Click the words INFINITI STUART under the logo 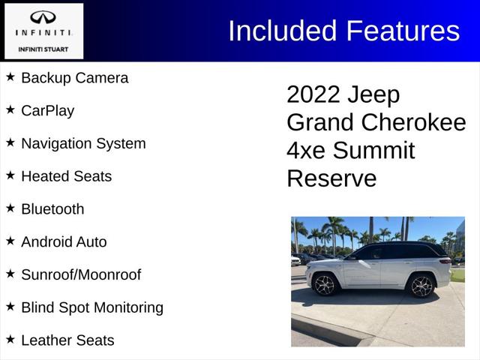coord(42,49)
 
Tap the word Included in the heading coord(282,31)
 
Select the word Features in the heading coord(403,31)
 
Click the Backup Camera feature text coord(74,78)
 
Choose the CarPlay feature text coord(47,111)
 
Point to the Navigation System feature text coord(83,143)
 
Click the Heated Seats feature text coord(66,176)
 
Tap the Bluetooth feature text coord(52,209)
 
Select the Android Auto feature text coord(64,242)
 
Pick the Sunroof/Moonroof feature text coord(80,274)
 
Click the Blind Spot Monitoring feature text coord(91,307)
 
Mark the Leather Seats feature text coord(67,340)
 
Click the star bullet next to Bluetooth coord(10,208)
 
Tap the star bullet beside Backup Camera coord(10,76)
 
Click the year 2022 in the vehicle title coord(313,95)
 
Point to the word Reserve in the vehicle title coord(331,178)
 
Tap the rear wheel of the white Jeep coord(326,284)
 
